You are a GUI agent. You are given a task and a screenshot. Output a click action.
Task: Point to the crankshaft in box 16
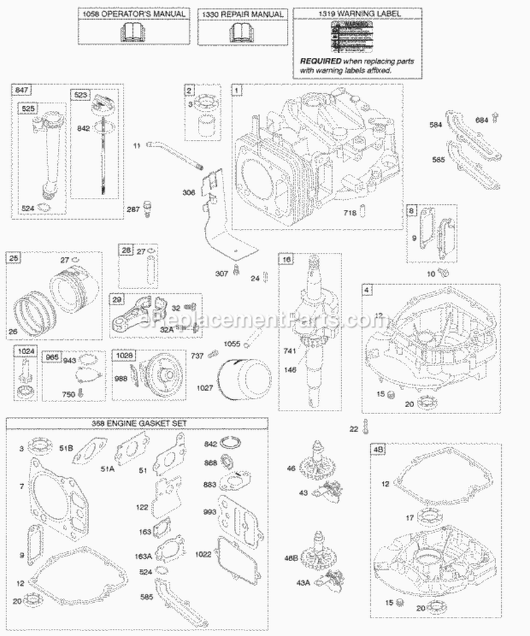point(309,325)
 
